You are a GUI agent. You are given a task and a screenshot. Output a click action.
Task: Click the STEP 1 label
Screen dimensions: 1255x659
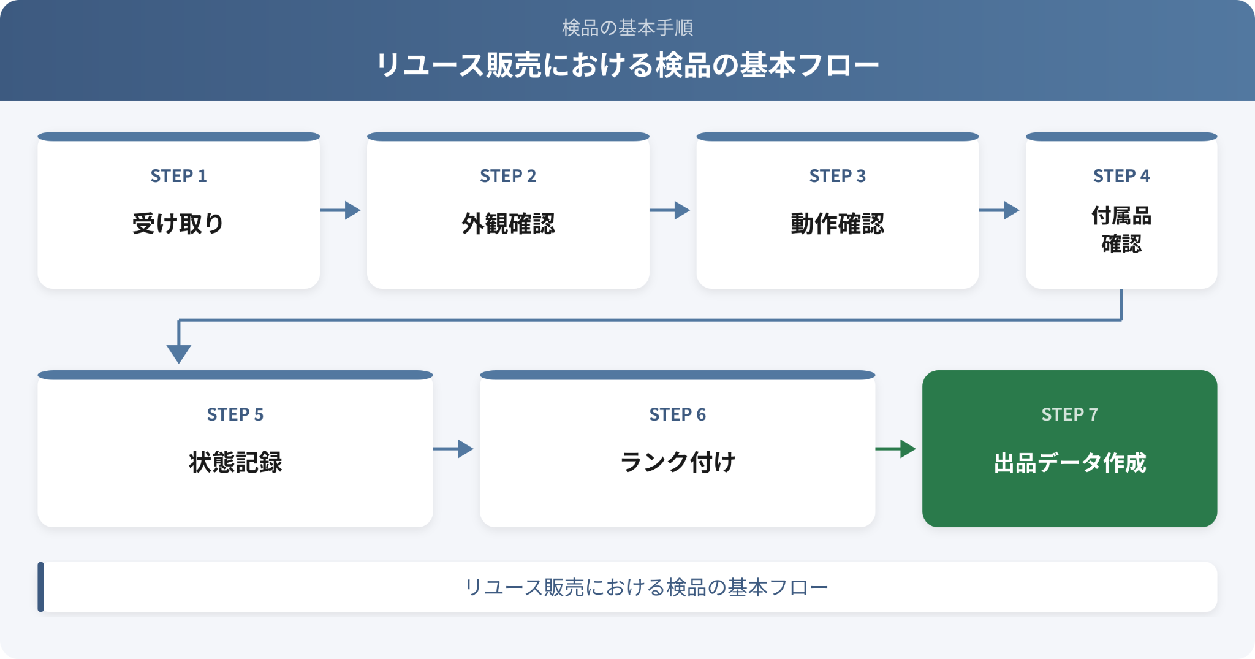click(178, 176)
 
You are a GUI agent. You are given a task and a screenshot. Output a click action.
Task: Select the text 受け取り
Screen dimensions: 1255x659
click(178, 223)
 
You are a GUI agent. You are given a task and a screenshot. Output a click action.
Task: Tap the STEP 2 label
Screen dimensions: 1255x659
click(508, 176)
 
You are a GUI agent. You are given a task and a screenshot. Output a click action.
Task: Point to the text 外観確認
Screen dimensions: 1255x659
click(508, 223)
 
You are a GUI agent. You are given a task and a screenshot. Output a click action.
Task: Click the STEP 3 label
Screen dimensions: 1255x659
click(838, 176)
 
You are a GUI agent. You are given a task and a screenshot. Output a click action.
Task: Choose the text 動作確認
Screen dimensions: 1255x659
click(838, 223)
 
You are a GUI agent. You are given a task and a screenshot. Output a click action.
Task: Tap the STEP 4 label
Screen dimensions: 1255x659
click(1121, 176)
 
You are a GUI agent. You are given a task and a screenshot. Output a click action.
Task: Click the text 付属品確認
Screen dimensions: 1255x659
click(1121, 229)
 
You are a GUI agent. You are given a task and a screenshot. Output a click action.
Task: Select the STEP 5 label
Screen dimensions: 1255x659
click(235, 414)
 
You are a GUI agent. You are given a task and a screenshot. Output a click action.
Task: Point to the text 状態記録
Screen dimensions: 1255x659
click(235, 462)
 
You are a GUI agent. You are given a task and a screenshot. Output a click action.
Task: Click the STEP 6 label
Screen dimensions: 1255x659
click(678, 414)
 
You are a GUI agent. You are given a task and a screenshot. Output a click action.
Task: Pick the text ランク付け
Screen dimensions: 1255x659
click(678, 462)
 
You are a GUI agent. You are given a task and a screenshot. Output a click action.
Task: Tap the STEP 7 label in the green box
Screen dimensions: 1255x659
click(1070, 414)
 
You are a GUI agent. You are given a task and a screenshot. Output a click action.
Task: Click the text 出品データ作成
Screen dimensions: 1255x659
click(1070, 463)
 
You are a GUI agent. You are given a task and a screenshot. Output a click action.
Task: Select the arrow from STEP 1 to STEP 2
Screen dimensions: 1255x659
click(340, 210)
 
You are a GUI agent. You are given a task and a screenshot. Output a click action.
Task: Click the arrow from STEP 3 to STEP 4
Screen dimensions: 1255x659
click(999, 210)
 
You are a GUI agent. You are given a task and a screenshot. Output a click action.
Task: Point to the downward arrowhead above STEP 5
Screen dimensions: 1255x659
click(179, 353)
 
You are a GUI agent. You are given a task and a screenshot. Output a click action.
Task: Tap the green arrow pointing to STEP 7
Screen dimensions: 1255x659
click(896, 449)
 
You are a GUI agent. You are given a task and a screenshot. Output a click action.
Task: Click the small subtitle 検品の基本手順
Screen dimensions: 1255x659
click(627, 28)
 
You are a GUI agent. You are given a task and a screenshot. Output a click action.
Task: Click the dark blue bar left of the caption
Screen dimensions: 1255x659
click(41, 587)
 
